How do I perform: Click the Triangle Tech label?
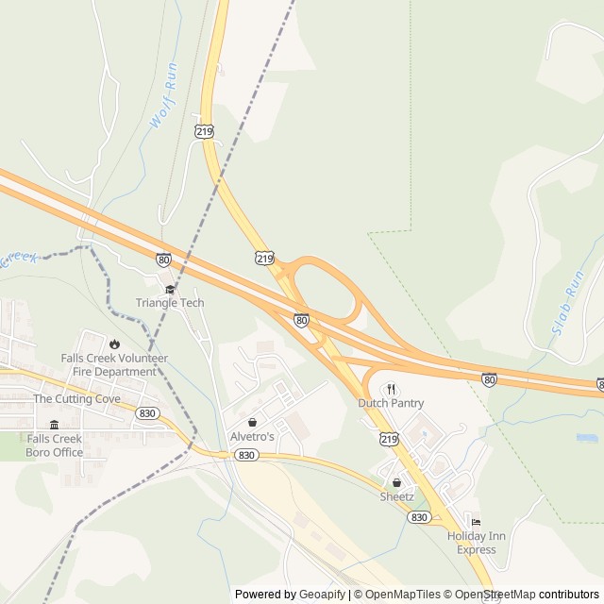click(170, 303)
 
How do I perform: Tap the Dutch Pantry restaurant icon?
click(390, 388)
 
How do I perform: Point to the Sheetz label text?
click(396, 496)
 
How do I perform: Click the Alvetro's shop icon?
click(252, 422)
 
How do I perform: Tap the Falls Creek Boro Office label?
click(55, 445)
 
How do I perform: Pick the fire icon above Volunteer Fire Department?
click(114, 344)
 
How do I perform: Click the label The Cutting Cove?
click(77, 399)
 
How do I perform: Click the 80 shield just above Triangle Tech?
click(164, 259)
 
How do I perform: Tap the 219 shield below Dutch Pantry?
click(390, 439)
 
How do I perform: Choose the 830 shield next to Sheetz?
click(420, 517)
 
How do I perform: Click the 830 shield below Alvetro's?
click(246, 455)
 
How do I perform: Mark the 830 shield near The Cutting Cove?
click(146, 413)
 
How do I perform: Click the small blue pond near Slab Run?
click(587, 438)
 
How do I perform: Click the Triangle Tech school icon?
click(170, 289)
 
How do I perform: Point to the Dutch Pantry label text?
click(391, 403)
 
